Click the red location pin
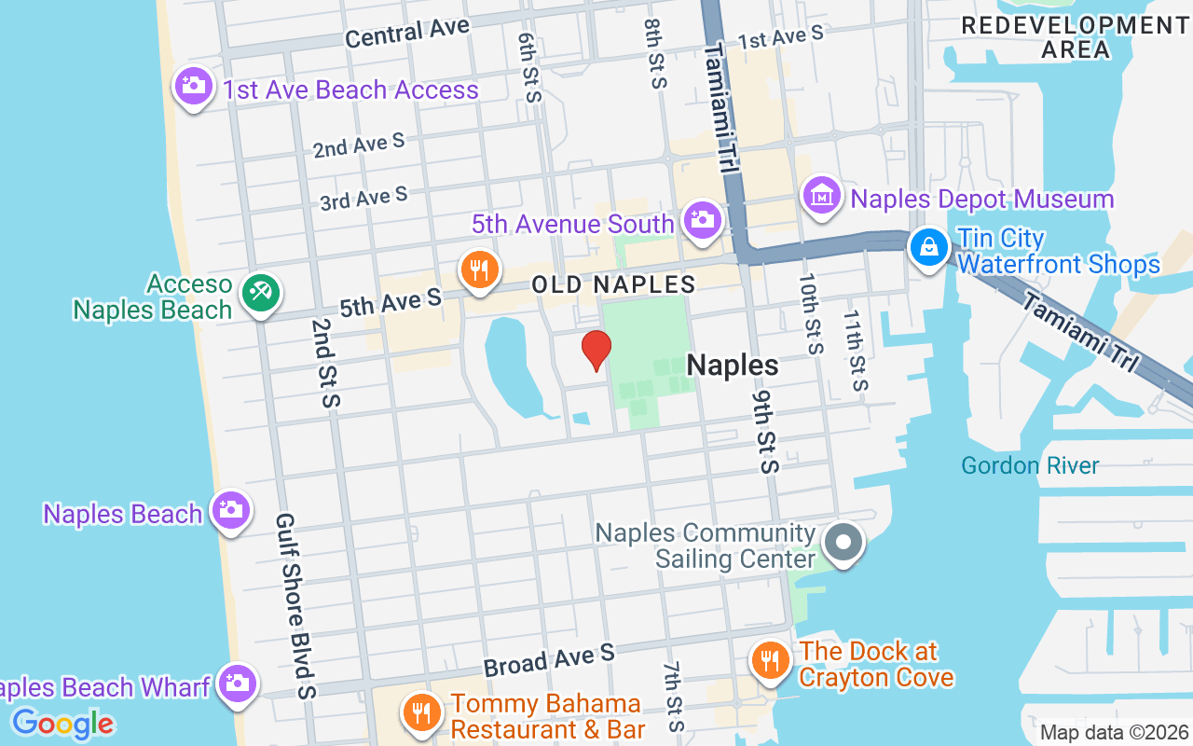point(596,351)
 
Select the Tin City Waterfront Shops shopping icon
point(929,248)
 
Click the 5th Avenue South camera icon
point(702,221)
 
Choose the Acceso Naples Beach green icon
point(260,293)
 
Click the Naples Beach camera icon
point(230,510)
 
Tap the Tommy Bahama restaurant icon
point(422,713)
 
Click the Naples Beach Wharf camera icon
point(236,684)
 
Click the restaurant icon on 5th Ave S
point(479,269)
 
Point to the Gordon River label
point(1030,465)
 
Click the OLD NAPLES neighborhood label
point(613,284)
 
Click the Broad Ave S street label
point(549,659)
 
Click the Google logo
point(62,723)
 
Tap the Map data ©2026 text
point(1114,732)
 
